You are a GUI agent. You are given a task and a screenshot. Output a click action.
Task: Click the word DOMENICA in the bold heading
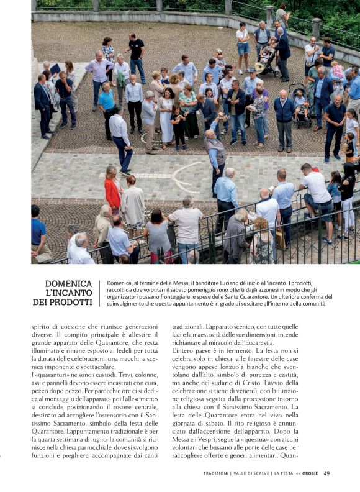coord(68,284)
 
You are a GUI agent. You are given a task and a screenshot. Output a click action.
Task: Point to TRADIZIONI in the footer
coord(220,473)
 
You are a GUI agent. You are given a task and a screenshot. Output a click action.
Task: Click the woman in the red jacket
coord(112,189)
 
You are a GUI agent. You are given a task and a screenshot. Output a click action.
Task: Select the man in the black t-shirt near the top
coord(137,50)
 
